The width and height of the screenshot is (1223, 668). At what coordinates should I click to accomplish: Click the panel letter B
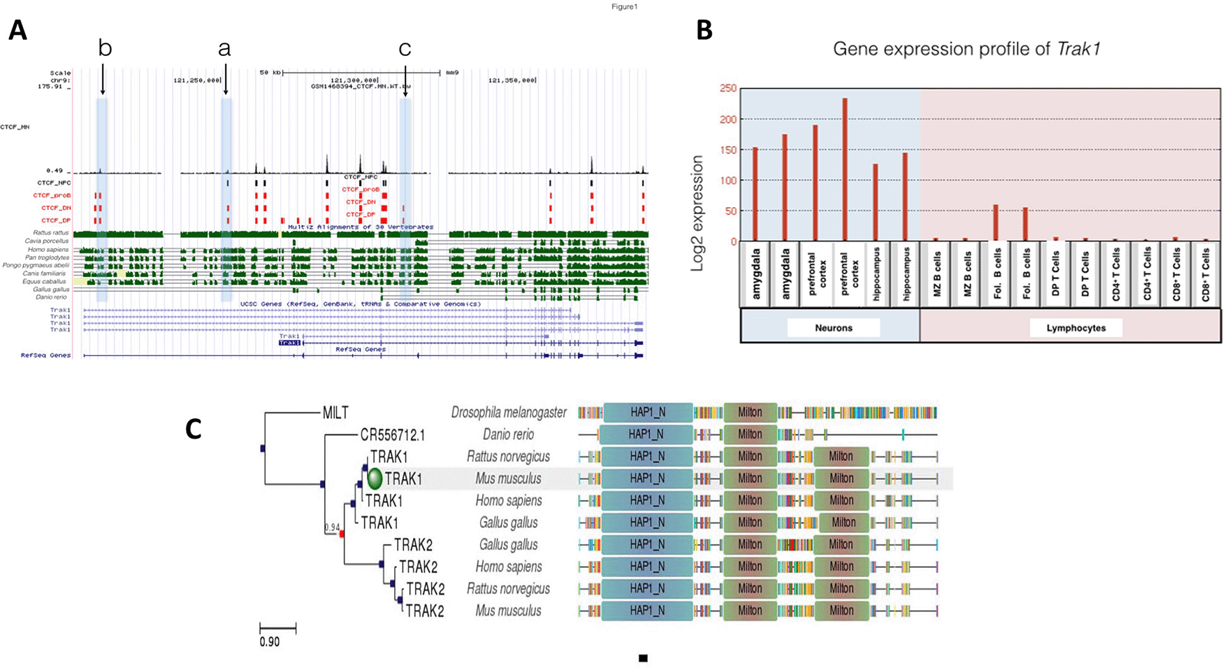click(x=704, y=30)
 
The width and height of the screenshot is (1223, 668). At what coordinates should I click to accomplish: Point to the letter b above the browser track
click(x=105, y=48)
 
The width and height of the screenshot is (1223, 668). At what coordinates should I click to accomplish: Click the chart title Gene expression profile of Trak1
click(x=967, y=49)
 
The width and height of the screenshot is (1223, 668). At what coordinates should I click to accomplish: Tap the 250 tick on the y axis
click(x=728, y=88)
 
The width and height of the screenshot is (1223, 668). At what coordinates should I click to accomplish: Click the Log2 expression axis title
click(x=697, y=213)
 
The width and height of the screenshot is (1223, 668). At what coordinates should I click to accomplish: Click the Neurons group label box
click(x=833, y=327)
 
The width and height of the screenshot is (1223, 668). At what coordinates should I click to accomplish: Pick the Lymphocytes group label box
click(x=1076, y=327)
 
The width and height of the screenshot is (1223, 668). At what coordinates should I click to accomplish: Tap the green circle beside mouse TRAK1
click(x=375, y=478)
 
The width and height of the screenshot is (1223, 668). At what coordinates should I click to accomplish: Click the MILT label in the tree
click(x=335, y=413)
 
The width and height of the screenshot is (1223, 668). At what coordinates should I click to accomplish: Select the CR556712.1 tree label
click(x=392, y=435)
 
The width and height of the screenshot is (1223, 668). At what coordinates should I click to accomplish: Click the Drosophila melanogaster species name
click(x=508, y=413)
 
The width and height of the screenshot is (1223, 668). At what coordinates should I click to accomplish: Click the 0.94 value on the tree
click(x=332, y=527)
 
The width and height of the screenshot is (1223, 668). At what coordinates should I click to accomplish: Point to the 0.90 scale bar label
click(x=270, y=641)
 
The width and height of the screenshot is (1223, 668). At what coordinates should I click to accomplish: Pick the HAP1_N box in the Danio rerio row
click(x=646, y=434)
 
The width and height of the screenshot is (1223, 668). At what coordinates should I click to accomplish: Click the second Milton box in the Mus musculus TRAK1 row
click(x=841, y=478)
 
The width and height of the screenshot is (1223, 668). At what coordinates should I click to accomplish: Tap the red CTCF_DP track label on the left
click(x=55, y=220)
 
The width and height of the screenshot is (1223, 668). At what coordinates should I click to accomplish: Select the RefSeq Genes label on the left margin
click(x=45, y=355)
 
